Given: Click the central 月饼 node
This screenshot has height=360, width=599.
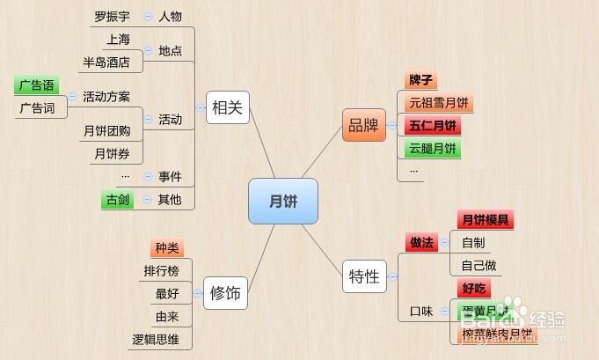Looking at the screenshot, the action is click(x=282, y=202).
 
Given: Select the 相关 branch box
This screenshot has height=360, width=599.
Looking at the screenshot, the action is click(x=227, y=109).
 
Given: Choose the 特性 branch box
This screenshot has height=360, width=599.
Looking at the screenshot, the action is click(x=363, y=276).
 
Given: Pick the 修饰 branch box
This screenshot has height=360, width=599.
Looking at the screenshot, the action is click(x=225, y=292).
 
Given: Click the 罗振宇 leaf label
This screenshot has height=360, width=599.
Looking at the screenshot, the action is click(x=112, y=17).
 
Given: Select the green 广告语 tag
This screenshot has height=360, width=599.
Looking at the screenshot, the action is click(x=36, y=85).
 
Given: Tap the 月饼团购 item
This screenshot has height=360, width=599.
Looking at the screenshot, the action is click(x=106, y=131).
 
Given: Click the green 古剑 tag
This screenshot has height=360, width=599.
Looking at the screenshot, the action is click(x=117, y=200).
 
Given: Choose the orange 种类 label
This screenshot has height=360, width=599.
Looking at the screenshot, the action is click(x=166, y=248).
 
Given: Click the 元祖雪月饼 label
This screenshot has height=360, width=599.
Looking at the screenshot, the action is click(x=437, y=103).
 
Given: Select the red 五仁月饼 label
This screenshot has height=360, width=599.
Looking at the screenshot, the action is click(x=432, y=126).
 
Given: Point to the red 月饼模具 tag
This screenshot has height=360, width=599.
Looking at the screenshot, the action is click(x=485, y=220).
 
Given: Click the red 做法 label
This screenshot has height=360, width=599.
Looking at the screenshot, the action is click(x=421, y=242).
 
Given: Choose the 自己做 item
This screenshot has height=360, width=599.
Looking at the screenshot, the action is click(x=478, y=265).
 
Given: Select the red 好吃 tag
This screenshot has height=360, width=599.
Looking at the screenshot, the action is click(x=474, y=288).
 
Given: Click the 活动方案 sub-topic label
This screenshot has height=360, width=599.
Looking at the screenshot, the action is click(x=106, y=97).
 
